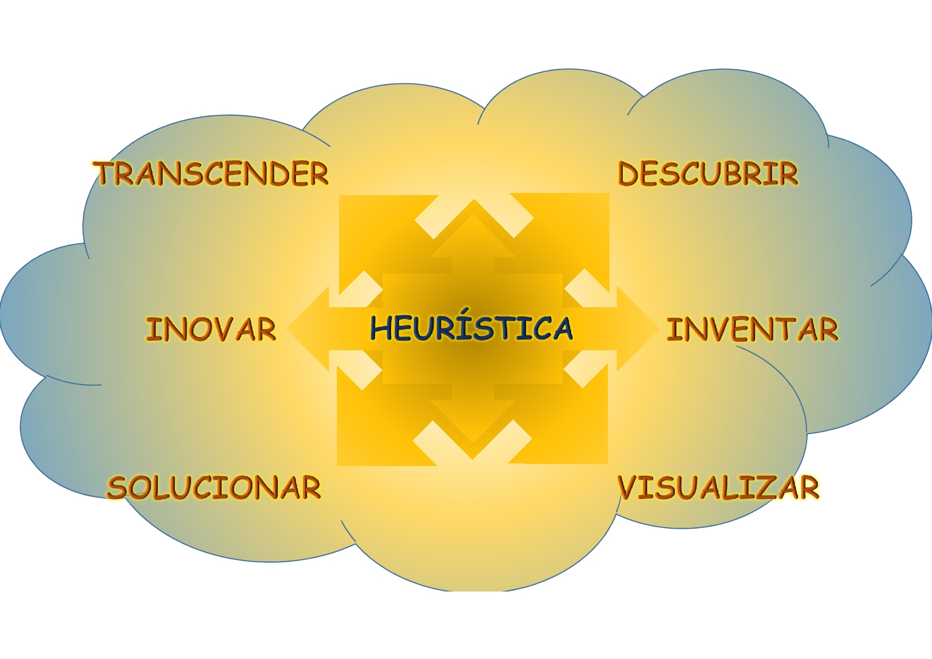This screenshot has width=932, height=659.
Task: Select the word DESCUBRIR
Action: (707, 174)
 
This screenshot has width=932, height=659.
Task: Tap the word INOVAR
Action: (211, 329)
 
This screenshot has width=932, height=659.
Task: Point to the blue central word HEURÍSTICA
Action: (471, 328)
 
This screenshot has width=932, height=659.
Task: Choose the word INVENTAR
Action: (752, 329)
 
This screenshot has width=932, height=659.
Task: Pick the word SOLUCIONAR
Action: (214, 488)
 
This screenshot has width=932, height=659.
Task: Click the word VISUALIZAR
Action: (718, 488)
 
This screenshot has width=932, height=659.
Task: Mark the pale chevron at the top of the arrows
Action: (473, 218)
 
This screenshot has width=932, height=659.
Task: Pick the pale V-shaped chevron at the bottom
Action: (472, 441)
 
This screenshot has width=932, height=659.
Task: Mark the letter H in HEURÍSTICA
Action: (382, 328)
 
